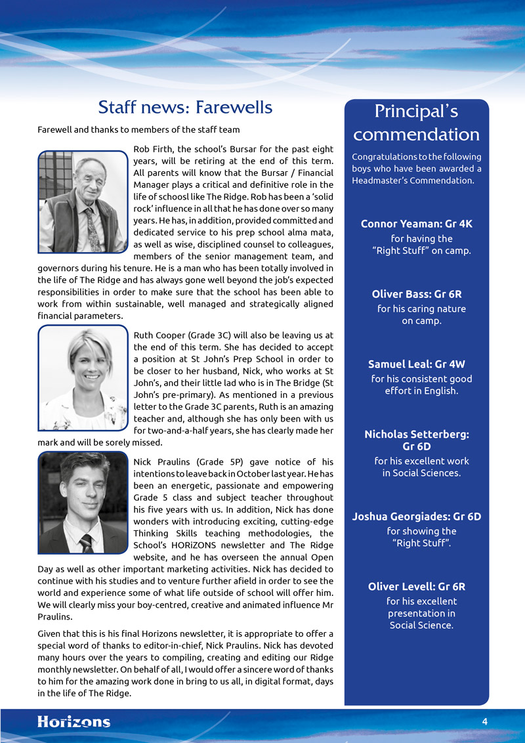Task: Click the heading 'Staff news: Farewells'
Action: tap(184, 106)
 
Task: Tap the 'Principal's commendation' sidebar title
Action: tap(416, 123)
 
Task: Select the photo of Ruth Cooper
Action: tap(82, 377)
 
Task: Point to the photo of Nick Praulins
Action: tap(82, 503)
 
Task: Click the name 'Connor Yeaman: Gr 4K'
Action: tap(416, 224)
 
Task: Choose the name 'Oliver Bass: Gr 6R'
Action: tap(416, 294)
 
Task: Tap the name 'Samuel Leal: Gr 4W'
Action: tap(416, 364)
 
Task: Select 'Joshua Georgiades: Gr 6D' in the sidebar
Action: tap(416, 517)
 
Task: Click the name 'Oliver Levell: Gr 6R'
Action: tap(416, 587)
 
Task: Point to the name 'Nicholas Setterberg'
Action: tap(416, 435)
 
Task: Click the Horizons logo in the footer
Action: tap(73, 722)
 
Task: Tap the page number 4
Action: tap(484, 722)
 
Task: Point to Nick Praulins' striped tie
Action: tap(85, 543)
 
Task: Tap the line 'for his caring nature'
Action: tap(421, 309)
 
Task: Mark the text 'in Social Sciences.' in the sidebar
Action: tap(421, 473)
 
